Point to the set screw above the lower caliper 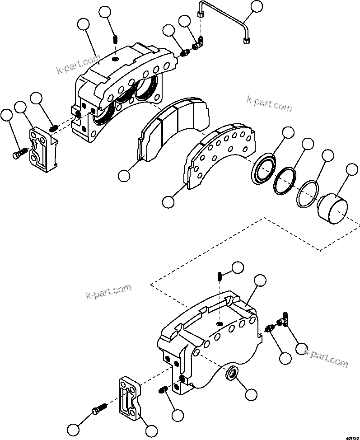tap(219, 276)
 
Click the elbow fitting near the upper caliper tap(198, 44)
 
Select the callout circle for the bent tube tap(257, 6)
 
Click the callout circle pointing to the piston tap(351, 170)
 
